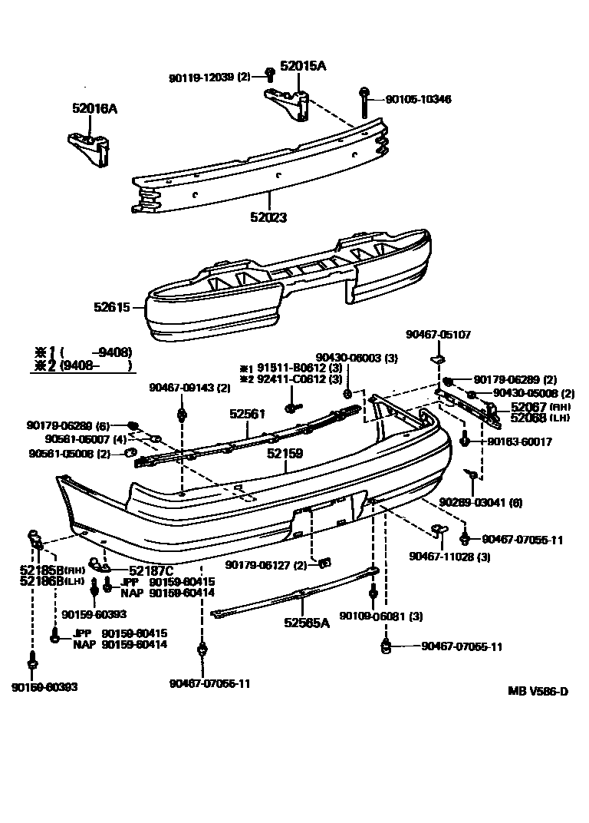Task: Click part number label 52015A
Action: coord(302,66)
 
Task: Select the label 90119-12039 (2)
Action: coord(209,78)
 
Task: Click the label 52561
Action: coord(247,414)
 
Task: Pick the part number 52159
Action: coord(285,453)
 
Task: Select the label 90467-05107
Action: coord(438,335)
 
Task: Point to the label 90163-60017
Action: coord(520,442)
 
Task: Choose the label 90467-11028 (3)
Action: coord(449,557)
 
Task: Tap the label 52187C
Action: coord(150,570)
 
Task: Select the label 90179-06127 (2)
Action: coord(265,565)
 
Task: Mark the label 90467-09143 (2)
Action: coord(179,388)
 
